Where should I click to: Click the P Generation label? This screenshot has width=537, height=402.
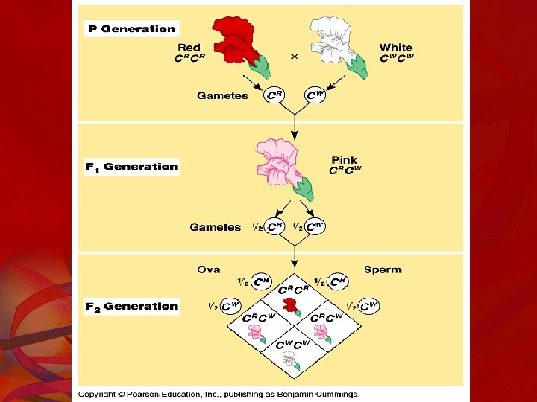131,29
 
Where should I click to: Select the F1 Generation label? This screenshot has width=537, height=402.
131,167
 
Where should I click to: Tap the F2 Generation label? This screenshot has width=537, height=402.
131,306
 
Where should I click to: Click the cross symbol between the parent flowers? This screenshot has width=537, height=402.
295,56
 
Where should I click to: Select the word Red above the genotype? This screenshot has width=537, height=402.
189,47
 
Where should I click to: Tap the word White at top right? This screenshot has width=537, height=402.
395,47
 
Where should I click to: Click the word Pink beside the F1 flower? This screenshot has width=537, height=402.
344,159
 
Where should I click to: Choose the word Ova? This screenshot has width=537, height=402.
208,269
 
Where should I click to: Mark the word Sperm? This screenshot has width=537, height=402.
383,269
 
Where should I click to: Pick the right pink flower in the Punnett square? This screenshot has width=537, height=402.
322,333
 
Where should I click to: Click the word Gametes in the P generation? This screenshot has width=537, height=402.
222,95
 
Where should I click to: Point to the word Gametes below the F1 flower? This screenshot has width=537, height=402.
216,227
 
